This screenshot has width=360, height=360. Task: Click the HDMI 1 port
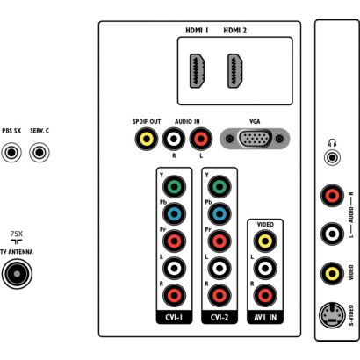point(197,71)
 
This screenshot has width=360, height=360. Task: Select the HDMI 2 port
point(234,71)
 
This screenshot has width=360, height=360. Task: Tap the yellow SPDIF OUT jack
point(147,139)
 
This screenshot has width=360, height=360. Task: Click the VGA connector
point(255,138)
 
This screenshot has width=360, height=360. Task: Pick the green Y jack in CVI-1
point(174,187)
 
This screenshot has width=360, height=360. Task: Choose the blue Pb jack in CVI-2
point(220,213)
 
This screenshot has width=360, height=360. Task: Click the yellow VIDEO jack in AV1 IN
point(265,241)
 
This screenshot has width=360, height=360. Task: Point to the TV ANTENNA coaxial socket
point(17,274)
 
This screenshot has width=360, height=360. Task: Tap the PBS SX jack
point(11,153)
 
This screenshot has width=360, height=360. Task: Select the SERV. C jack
point(40,153)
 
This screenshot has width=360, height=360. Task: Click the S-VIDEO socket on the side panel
point(332,316)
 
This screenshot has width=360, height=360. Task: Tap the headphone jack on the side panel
point(332,158)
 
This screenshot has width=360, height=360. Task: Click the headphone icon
point(332,143)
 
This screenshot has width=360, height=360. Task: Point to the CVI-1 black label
point(174,317)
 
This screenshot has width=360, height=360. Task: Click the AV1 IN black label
point(265,317)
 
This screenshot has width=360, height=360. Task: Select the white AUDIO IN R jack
point(174,139)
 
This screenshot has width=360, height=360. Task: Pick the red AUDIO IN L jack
point(201,139)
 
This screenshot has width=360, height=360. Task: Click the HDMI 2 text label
point(234,31)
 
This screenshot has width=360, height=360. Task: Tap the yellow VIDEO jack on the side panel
point(332,274)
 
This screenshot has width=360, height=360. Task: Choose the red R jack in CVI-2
point(220,295)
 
